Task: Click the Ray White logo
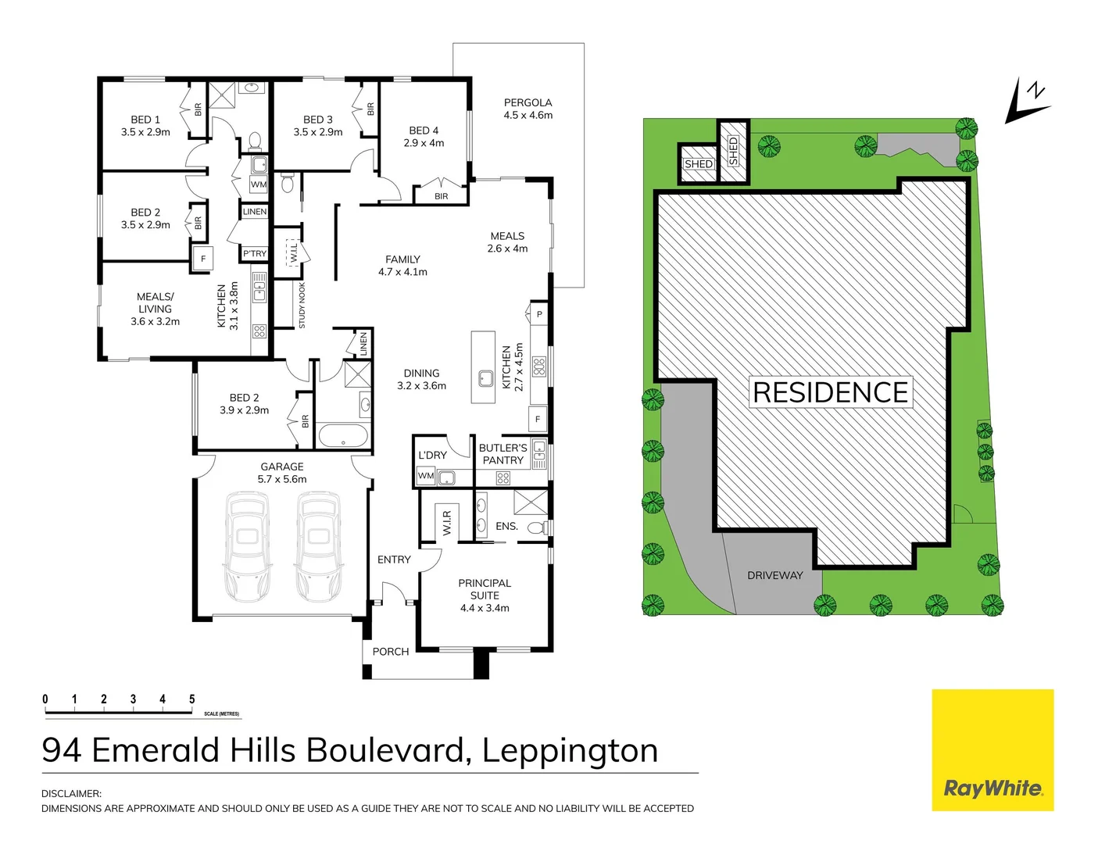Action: (992, 750)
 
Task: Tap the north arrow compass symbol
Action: (1027, 102)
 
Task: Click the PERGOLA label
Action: (528, 109)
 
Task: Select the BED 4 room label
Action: (424, 137)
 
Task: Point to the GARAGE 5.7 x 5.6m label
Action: (282, 473)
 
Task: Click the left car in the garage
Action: (247, 546)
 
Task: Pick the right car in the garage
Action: (318, 546)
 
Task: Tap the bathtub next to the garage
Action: (343, 436)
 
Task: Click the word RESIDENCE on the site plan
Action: (830, 392)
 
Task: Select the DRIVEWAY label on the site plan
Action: (774, 576)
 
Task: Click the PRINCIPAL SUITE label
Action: (485, 595)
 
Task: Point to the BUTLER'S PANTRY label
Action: (503, 454)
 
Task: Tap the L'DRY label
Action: (432, 455)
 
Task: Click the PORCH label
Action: (391, 652)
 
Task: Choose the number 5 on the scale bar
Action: (191, 699)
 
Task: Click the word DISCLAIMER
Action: (71, 793)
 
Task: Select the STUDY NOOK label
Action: (302, 306)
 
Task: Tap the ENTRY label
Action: (394, 560)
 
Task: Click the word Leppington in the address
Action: (570, 751)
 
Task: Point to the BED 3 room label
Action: (318, 126)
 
